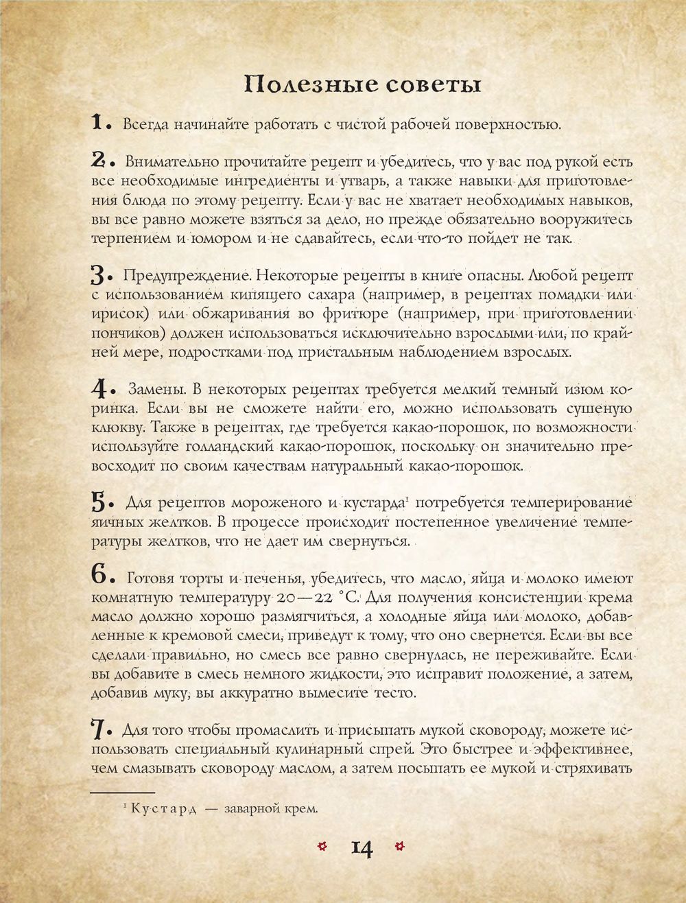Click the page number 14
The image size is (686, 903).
(x=362, y=848)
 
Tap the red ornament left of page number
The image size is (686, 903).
(x=322, y=845)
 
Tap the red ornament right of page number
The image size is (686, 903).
(x=401, y=845)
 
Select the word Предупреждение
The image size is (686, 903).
(x=185, y=275)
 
